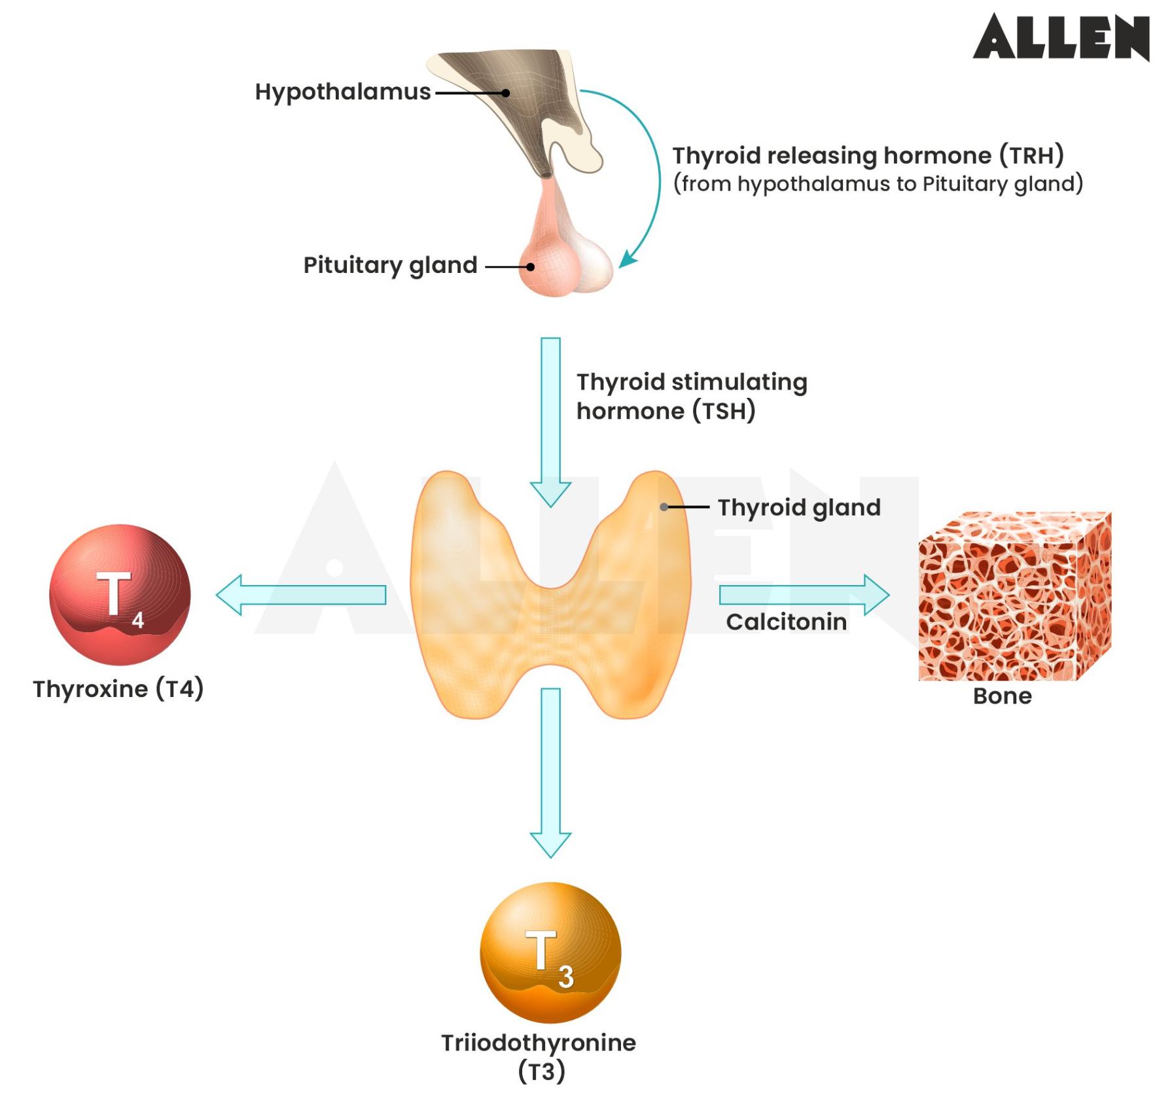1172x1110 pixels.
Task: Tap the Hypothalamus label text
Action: tap(342, 92)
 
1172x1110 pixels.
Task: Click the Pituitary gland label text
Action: tap(390, 265)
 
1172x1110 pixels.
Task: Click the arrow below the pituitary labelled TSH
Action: tap(550, 419)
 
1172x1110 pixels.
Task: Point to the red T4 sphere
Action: tap(120, 594)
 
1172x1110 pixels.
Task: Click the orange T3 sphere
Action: tap(550, 952)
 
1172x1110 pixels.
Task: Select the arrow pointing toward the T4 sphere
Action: tap(301, 594)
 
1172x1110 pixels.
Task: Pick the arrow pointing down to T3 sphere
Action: tap(550, 772)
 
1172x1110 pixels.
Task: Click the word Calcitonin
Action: tap(786, 622)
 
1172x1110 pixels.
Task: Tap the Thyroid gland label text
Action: tap(799, 508)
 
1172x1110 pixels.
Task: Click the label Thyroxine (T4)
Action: tap(118, 689)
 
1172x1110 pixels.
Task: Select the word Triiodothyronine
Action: tap(538, 1043)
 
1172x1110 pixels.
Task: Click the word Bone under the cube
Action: tap(1002, 696)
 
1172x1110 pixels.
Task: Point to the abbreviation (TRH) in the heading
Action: tap(1031, 156)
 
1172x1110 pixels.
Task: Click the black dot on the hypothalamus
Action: tap(506, 93)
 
